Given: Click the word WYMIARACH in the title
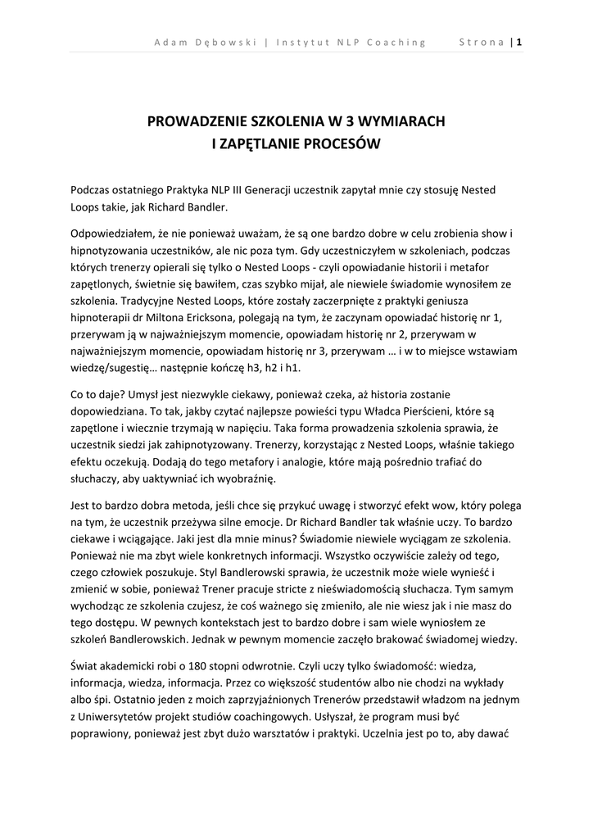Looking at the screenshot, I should [401, 121].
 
